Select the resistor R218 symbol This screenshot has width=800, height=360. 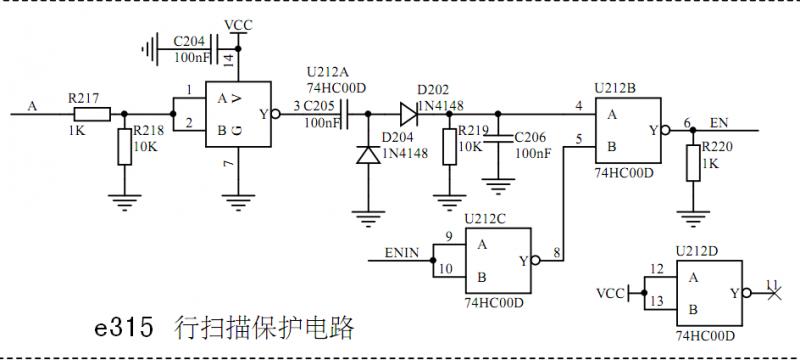coord(124,147)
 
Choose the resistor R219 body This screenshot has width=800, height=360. coord(450,147)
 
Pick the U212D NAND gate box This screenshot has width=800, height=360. coord(708,292)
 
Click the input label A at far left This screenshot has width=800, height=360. coord(33,106)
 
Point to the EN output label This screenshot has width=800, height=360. coord(720,122)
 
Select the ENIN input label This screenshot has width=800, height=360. coord(402,254)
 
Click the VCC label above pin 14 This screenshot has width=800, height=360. coord(238,24)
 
